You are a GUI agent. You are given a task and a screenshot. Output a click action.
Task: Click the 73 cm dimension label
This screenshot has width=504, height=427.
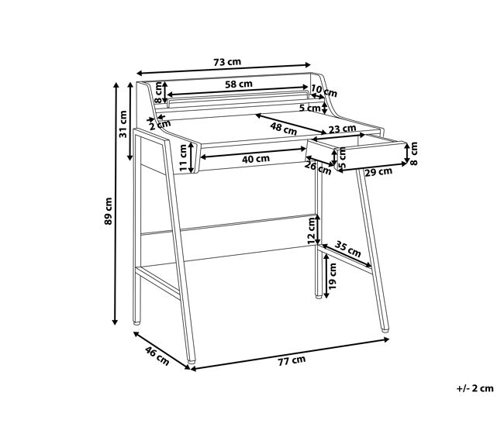[x=227, y=62]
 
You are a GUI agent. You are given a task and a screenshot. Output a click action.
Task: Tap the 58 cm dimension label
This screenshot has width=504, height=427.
[x=239, y=84]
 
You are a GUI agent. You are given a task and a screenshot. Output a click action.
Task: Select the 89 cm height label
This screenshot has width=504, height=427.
[x=109, y=211]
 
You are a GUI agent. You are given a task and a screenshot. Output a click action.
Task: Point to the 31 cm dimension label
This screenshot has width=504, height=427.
[x=123, y=124]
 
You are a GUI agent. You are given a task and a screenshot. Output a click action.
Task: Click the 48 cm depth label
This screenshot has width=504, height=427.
[x=284, y=129]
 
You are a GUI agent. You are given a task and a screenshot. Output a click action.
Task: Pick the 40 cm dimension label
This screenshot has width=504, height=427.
[x=256, y=159]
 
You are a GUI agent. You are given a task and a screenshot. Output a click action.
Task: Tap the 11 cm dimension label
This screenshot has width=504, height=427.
[x=182, y=158]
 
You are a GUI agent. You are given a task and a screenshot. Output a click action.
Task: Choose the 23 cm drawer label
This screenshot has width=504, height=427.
[x=342, y=129]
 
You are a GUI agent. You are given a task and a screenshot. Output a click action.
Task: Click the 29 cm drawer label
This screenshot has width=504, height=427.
[x=378, y=172]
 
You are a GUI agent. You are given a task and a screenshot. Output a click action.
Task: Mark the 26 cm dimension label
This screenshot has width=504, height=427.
[x=318, y=168]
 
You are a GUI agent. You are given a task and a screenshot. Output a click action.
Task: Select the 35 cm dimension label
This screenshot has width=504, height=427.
[x=348, y=248]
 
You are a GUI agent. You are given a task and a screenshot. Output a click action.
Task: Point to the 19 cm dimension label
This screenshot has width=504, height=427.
[x=333, y=276]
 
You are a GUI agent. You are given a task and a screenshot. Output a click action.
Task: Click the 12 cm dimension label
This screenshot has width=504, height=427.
[x=311, y=231]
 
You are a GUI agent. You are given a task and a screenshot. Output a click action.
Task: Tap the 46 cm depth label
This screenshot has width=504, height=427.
[x=157, y=356]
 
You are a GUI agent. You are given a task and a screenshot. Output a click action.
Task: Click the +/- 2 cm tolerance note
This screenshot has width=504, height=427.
[x=475, y=388]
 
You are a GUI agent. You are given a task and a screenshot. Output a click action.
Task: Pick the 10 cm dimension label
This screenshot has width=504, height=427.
[x=324, y=91]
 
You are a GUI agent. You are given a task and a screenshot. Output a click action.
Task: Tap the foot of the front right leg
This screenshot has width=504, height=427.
[x=385, y=329]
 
